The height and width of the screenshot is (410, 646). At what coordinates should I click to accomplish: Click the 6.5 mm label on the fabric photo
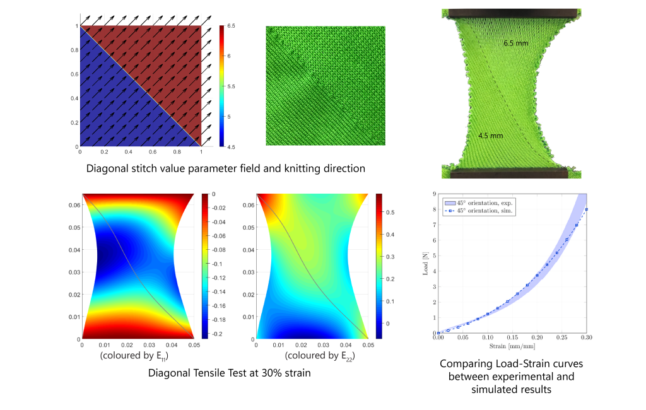click(x=516, y=44)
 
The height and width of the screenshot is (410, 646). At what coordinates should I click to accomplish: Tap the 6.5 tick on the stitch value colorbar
click(x=232, y=26)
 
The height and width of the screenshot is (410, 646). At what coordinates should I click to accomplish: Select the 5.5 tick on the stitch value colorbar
click(x=232, y=86)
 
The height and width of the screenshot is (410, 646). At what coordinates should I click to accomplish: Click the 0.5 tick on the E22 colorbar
click(x=390, y=213)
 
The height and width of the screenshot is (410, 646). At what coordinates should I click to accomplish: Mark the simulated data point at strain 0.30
click(x=587, y=209)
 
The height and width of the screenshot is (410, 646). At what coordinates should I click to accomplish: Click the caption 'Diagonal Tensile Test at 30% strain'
click(x=230, y=372)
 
